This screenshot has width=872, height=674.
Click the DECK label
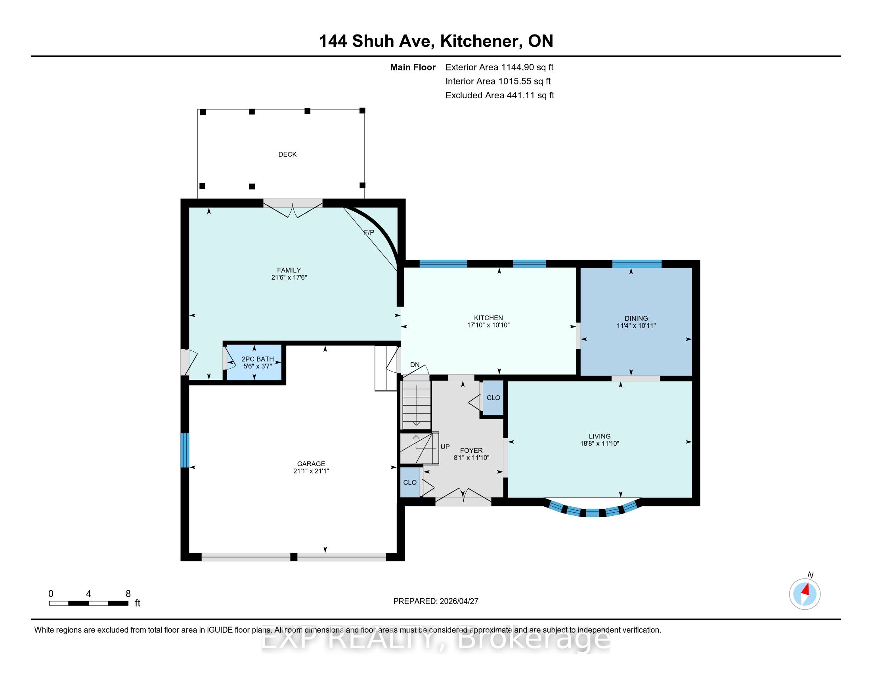click(287, 154)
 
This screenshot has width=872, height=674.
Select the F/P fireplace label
click(369, 232)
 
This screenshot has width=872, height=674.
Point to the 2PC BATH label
click(258, 359)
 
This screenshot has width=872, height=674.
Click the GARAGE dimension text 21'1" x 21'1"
click(311, 471)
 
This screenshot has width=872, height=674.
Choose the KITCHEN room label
click(488, 318)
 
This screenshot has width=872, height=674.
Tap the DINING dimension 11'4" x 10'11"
click(636, 326)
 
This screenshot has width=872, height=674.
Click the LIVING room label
click(600, 436)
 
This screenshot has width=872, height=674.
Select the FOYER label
click(471, 450)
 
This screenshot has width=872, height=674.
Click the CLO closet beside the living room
click(493, 398)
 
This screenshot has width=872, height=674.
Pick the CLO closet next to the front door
click(410, 483)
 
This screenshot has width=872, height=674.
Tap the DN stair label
click(415, 364)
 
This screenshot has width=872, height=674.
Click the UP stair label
click(445, 447)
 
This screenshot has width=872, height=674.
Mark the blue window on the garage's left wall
click(184, 450)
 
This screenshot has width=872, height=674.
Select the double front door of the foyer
click(463, 498)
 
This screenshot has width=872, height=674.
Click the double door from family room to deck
click(293, 208)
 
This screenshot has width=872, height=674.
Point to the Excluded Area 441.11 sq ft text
click(500, 96)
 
